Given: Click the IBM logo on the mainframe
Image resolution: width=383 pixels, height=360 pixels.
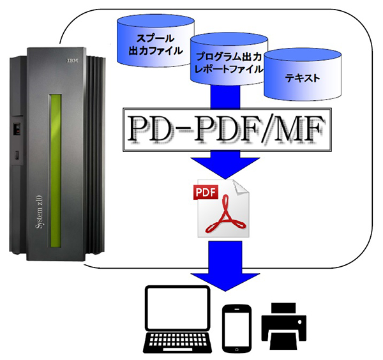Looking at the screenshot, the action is [x=73, y=60].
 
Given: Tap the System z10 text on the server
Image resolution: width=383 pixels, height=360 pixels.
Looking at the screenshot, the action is [x=40, y=212].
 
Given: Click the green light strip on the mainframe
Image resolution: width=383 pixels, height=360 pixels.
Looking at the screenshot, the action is [x=56, y=170].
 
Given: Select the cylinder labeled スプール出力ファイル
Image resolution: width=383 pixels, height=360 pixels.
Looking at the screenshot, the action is [x=156, y=41].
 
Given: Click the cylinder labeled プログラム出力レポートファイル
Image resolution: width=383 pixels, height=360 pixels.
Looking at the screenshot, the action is [x=229, y=59].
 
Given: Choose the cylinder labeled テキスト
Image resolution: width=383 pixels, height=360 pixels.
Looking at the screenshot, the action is [x=303, y=75].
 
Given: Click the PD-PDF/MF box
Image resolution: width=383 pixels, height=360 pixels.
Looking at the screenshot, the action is [x=227, y=130].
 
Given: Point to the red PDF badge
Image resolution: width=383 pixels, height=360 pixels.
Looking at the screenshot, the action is [x=206, y=193].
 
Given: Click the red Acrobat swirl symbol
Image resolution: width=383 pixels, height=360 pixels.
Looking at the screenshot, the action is [x=226, y=214].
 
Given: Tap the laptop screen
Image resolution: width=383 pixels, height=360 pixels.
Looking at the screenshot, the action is [x=177, y=308].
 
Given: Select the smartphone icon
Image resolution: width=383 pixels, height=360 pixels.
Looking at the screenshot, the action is [x=236, y=329].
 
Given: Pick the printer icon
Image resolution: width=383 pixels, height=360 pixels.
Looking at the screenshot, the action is [x=284, y=326].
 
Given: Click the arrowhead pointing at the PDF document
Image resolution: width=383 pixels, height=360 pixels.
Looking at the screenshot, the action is [x=225, y=169].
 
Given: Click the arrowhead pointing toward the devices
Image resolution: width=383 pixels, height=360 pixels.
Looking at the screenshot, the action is [x=225, y=282].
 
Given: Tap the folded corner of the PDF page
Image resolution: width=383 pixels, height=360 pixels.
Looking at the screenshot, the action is [x=241, y=188].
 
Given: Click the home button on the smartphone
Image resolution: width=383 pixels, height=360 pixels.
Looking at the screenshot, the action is [x=236, y=349].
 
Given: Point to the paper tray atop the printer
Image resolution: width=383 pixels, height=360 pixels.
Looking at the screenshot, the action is [x=283, y=308].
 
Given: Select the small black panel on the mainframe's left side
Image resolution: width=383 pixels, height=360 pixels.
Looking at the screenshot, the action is [x=17, y=128].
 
